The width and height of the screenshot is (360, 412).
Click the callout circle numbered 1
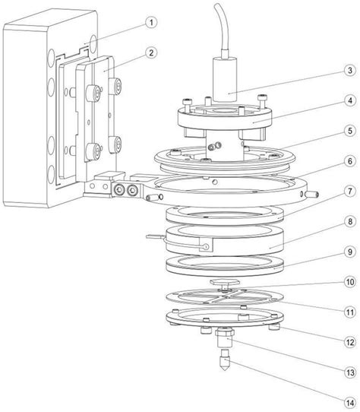(151, 22)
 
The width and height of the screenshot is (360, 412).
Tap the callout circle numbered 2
(151, 52)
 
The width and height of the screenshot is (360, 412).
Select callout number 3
(350, 71)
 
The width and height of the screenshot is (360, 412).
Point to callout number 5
(350, 131)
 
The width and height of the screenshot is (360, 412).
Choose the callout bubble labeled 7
(350, 192)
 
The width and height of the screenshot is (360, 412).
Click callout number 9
(350, 252)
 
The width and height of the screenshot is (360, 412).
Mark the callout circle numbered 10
(350, 282)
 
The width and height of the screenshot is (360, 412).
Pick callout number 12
(350, 342)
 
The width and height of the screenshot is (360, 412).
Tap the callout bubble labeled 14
(350, 403)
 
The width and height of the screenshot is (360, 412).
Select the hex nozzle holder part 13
(225, 338)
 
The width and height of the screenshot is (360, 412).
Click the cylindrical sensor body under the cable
(225, 79)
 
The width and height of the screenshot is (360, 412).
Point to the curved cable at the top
(223, 27)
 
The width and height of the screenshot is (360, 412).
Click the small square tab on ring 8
(206, 245)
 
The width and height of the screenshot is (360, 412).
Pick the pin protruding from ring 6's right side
(313, 195)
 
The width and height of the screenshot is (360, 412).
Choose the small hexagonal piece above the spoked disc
(225, 282)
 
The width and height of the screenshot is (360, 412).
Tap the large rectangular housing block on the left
(27, 119)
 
